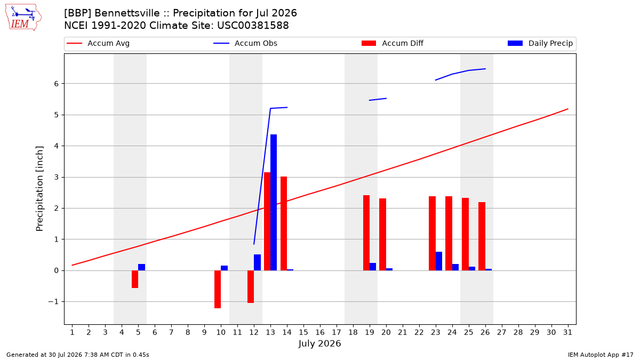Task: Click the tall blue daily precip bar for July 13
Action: [274, 202]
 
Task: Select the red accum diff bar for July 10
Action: [218, 289]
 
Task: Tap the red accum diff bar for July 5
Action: [135, 279]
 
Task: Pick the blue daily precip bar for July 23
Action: [439, 261]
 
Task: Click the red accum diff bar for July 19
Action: [366, 233]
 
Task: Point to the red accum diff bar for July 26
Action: [482, 236]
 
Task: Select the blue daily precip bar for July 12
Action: [257, 262]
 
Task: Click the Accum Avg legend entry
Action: [98, 43]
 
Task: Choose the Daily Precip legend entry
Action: [540, 43]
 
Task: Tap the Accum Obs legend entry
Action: [245, 43]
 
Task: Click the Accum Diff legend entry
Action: [393, 43]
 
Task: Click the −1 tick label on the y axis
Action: [53, 302]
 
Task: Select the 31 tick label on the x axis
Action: [567, 332]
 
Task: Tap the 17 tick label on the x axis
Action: [337, 332]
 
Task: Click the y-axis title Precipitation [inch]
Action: [39, 189]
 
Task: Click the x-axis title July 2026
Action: [319, 343]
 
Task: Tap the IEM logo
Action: [23, 18]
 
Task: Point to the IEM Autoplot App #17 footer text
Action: [601, 355]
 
